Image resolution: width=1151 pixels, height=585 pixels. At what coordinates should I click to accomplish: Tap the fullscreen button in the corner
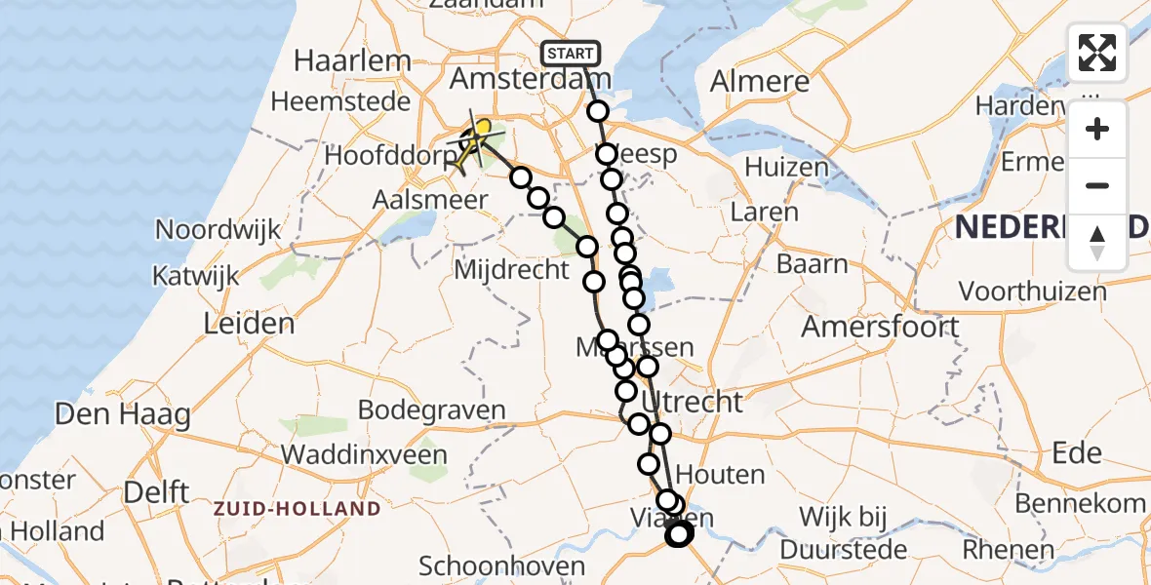(1097, 53)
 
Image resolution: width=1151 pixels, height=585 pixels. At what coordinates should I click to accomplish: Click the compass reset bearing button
(1097, 243)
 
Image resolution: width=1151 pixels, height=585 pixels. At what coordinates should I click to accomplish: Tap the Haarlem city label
(352, 60)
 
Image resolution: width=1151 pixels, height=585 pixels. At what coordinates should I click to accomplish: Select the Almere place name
(760, 82)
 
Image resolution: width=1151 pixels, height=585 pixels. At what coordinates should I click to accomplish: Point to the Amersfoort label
(880, 327)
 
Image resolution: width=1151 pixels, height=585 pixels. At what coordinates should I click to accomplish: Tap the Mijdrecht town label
(511, 269)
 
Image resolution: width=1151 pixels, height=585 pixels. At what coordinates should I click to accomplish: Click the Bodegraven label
(432, 409)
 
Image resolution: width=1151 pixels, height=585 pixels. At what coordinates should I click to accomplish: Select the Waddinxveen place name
(364, 454)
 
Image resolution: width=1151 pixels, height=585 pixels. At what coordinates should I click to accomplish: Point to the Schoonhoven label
(501, 565)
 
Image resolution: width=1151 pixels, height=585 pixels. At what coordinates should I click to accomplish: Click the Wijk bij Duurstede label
(853, 532)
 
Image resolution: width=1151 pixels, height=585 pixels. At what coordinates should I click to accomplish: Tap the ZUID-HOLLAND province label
(298, 509)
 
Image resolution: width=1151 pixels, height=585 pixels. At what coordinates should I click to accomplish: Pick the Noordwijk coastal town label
(218, 231)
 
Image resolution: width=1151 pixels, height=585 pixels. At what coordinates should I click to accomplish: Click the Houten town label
(720, 475)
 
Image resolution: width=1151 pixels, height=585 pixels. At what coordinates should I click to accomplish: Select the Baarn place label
(812, 264)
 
